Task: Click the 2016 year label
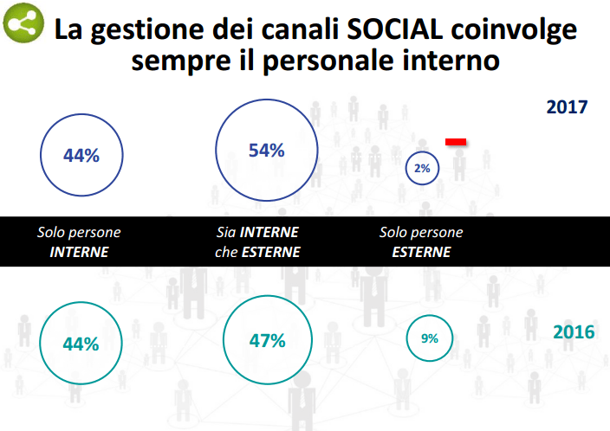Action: click(573, 332)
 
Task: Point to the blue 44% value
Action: click(81, 156)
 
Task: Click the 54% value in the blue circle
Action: click(266, 150)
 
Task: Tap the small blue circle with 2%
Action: click(423, 168)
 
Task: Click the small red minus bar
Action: click(456, 140)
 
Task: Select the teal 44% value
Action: click(81, 343)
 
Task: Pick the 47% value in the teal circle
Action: click(267, 340)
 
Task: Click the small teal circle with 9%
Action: click(429, 338)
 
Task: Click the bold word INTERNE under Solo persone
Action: click(79, 253)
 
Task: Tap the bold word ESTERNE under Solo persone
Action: click(421, 253)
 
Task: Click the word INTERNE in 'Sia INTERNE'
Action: click(269, 233)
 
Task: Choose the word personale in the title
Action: click(317, 62)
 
